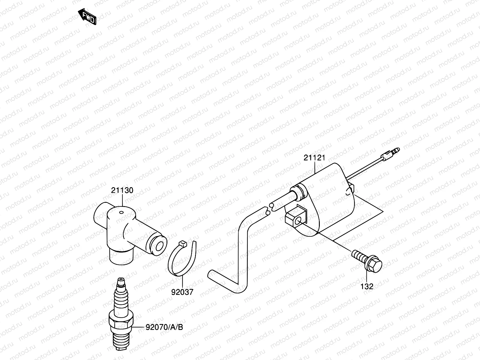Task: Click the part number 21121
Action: [x=314, y=158]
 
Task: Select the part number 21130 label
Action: [x=122, y=190]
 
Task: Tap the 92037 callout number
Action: [x=182, y=292]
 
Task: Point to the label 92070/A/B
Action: [x=164, y=327]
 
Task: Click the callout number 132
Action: [x=367, y=286]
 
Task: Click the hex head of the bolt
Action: [x=374, y=264]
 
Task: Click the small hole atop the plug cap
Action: [x=121, y=213]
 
